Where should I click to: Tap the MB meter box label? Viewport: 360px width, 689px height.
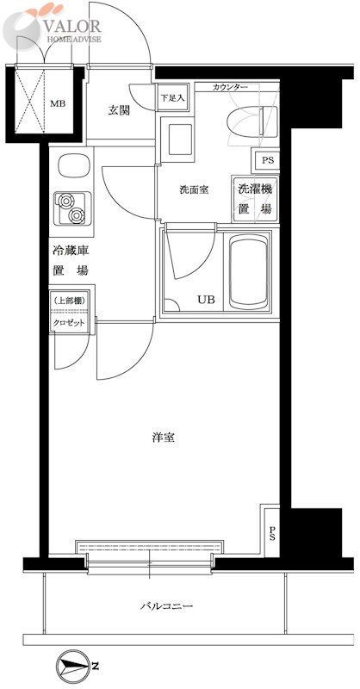[x=56, y=104]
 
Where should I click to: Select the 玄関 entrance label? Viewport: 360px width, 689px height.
[x=119, y=109]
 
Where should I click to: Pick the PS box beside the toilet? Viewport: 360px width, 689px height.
[x=266, y=159]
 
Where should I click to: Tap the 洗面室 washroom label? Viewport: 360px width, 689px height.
[x=194, y=189]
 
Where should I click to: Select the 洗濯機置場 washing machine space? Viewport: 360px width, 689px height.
[x=254, y=198]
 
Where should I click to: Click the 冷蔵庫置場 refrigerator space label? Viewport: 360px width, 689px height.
[x=70, y=260]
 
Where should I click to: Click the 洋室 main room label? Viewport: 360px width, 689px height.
[x=164, y=438]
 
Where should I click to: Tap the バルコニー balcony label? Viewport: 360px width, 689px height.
[x=167, y=606]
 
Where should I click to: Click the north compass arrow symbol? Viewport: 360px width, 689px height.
[x=75, y=667]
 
